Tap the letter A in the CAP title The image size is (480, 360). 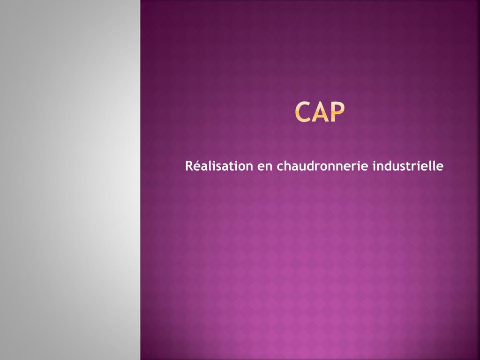point(321,112)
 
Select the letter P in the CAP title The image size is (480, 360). point(337,112)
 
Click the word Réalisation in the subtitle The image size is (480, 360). point(218,166)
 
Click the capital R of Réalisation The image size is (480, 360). point(189,166)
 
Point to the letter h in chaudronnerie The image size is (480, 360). point(289,166)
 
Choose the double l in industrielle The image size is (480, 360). point(433,166)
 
